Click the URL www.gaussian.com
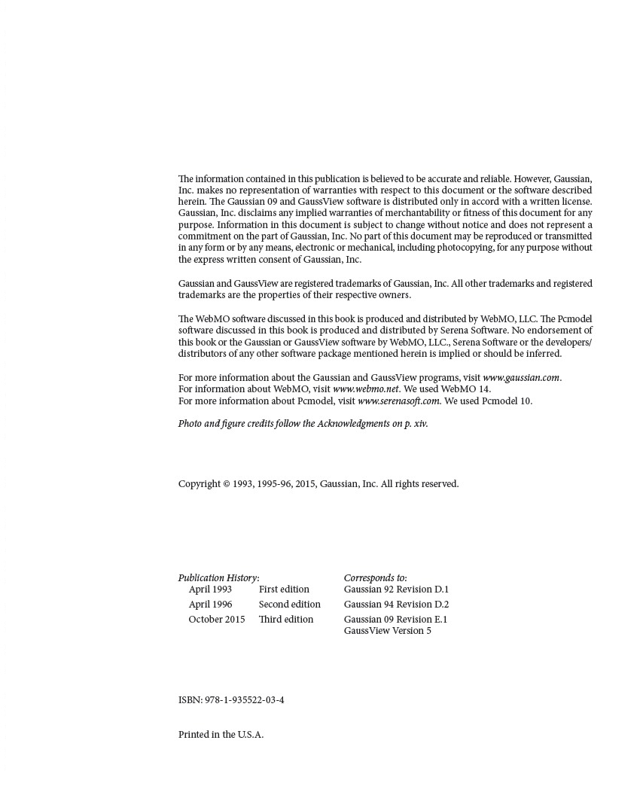click(521, 378)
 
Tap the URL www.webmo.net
click(365, 389)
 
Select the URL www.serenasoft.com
click(398, 401)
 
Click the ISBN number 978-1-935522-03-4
click(244, 700)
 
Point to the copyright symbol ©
click(227, 484)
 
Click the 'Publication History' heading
click(218, 578)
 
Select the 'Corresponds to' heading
click(375, 578)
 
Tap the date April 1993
click(210, 589)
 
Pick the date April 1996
click(210, 605)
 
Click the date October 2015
click(216, 620)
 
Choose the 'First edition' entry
click(284, 589)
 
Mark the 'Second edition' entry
click(289, 605)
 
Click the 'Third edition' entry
click(286, 620)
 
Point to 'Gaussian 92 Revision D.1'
click(396, 589)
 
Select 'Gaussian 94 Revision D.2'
click(396, 605)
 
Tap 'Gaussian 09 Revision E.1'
click(395, 620)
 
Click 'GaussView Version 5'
click(387, 631)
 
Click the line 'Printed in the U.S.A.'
click(221, 735)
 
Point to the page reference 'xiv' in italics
click(420, 424)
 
